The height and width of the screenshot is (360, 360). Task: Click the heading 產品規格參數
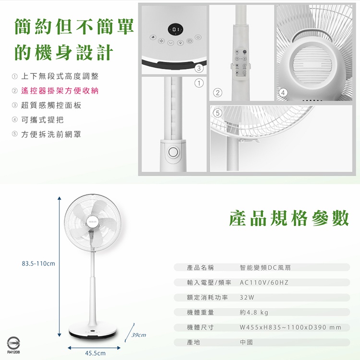tap(289, 218)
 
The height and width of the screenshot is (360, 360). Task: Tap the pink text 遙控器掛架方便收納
tap(60, 91)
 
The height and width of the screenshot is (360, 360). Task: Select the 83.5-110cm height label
tap(38, 264)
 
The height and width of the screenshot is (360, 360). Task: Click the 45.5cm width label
tap(96, 353)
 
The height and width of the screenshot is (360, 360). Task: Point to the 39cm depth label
tap(139, 335)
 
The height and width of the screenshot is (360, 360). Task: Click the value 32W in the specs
tap(247, 298)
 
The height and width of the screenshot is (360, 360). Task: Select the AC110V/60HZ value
tap(264, 282)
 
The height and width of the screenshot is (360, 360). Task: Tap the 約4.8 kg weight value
tap(254, 312)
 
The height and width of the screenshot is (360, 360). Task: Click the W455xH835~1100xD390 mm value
tap(290, 327)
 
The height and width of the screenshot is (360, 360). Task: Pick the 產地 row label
tap(193, 342)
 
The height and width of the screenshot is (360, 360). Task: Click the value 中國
tap(246, 342)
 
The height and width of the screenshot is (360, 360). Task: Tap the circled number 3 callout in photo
tap(199, 68)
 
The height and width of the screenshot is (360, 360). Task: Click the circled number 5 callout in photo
tap(217, 113)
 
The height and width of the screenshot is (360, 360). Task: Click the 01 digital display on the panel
tap(175, 30)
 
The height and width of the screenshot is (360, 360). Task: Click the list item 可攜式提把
tap(42, 120)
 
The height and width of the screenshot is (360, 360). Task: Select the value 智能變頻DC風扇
tap(265, 267)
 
